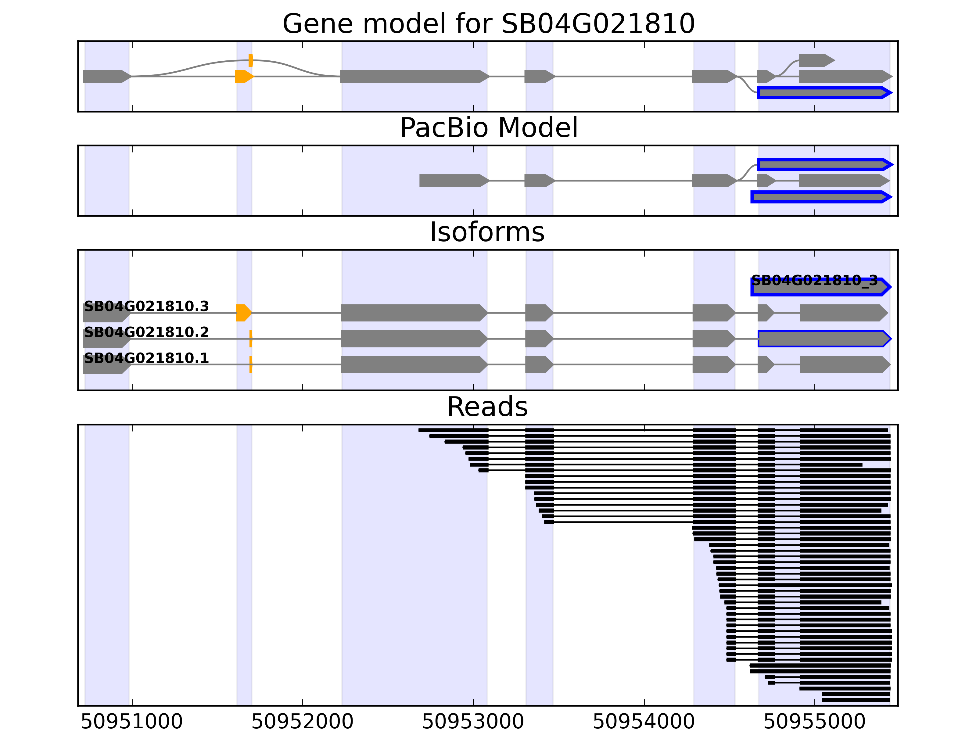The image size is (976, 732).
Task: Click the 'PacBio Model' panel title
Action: (x=488, y=128)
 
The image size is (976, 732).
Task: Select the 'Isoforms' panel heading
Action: (x=487, y=232)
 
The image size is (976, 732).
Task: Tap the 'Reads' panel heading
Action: (x=487, y=407)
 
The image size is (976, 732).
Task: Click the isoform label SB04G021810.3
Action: (x=146, y=306)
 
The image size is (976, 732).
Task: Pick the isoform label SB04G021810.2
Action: (x=146, y=332)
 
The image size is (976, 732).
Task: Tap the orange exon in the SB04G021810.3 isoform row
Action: (x=243, y=313)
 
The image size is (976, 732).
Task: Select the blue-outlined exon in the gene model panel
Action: (x=823, y=93)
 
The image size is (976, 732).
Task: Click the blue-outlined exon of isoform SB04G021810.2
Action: (x=823, y=339)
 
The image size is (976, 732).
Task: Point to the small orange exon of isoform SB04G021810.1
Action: (x=251, y=364)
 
